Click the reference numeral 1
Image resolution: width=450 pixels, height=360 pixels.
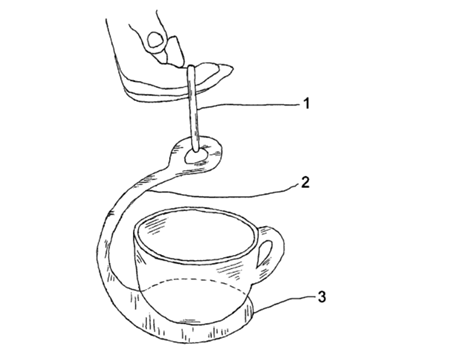click(x=306, y=103)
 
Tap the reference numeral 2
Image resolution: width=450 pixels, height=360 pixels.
click(x=305, y=182)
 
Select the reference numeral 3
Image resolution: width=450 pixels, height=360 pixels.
click(x=321, y=296)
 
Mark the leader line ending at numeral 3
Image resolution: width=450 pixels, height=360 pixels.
click(x=283, y=303)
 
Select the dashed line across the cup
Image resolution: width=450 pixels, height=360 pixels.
click(x=193, y=279)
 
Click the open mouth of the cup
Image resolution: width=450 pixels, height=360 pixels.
click(x=196, y=234)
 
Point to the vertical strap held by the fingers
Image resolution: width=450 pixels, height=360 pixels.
click(x=192, y=108)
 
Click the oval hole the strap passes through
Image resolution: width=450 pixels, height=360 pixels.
click(x=196, y=156)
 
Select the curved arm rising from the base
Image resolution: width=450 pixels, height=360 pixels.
click(x=127, y=217)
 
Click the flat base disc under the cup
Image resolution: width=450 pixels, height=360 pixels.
click(x=187, y=328)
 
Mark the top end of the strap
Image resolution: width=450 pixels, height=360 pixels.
click(x=191, y=67)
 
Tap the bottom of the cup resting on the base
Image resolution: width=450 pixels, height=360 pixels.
click(x=192, y=321)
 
